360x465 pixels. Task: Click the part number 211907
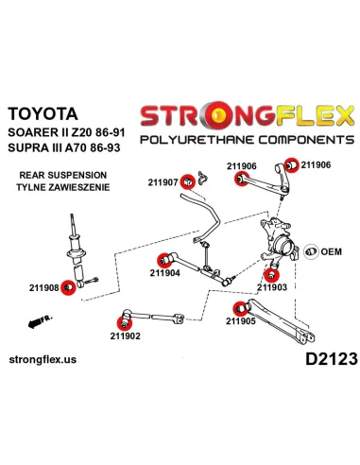click(161, 181)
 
